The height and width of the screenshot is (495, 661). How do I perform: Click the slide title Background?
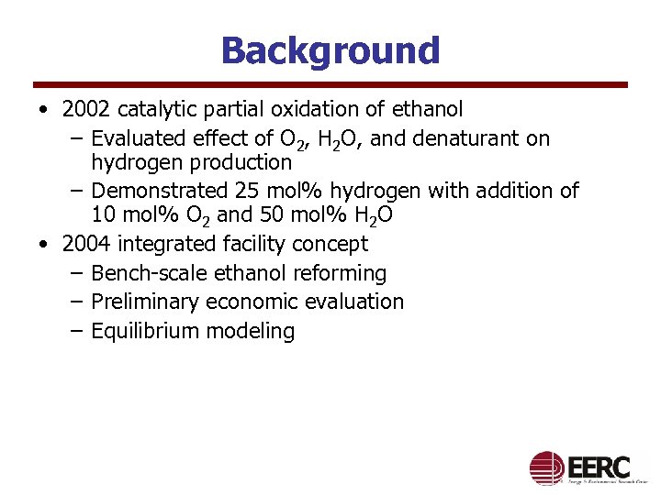pos(330,50)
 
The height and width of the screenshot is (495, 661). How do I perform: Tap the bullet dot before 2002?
pos(44,111)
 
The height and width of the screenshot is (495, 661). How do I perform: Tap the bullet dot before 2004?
pos(44,245)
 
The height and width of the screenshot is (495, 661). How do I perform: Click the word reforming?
pos(342,273)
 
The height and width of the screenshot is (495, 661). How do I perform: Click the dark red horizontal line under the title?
pos(330,85)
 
